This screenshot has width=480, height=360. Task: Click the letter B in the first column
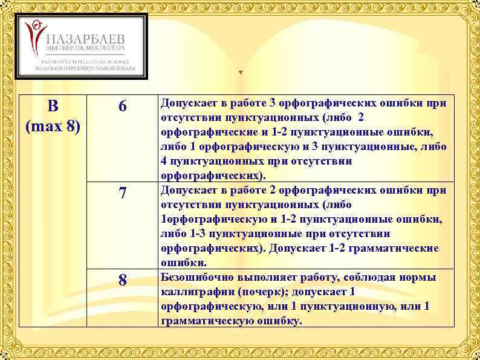click(x=53, y=106)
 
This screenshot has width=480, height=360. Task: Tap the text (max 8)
click(x=53, y=128)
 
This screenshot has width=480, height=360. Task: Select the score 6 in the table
click(x=123, y=106)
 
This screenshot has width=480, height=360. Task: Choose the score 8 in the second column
click(x=123, y=281)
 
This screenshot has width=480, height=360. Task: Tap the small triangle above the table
click(x=240, y=73)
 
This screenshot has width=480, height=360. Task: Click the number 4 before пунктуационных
click(x=163, y=161)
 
